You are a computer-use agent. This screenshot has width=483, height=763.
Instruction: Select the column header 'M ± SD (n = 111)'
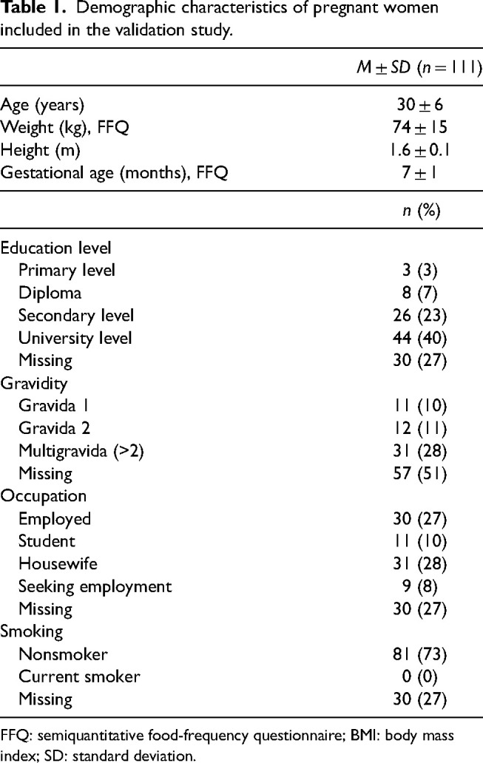click(x=419, y=67)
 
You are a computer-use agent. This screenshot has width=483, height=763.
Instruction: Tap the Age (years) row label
click(x=42, y=105)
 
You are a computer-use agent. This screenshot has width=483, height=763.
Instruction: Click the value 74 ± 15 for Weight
click(x=419, y=127)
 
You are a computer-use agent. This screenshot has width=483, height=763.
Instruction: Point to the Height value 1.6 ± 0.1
click(x=419, y=150)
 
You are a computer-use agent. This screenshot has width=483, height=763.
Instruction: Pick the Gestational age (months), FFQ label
click(x=114, y=173)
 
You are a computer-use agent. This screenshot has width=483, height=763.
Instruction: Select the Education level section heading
click(x=55, y=248)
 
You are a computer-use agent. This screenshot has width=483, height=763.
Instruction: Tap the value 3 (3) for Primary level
click(x=420, y=270)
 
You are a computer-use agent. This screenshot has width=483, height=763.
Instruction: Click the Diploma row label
click(x=50, y=293)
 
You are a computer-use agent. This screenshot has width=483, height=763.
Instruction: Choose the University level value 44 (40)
click(x=419, y=338)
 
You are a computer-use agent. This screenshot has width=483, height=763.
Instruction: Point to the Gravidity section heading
click(x=33, y=384)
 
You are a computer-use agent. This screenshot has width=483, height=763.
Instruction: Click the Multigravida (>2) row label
click(x=81, y=451)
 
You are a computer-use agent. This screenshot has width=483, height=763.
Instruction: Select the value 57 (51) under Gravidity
click(x=419, y=473)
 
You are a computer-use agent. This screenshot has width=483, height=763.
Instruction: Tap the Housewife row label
click(x=58, y=563)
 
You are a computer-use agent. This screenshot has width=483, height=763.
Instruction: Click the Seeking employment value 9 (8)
click(x=420, y=586)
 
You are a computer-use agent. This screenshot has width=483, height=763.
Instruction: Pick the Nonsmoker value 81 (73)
click(x=419, y=654)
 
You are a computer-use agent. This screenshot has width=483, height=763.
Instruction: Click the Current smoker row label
click(x=79, y=676)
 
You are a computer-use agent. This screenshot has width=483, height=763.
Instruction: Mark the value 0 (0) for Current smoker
click(x=420, y=676)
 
